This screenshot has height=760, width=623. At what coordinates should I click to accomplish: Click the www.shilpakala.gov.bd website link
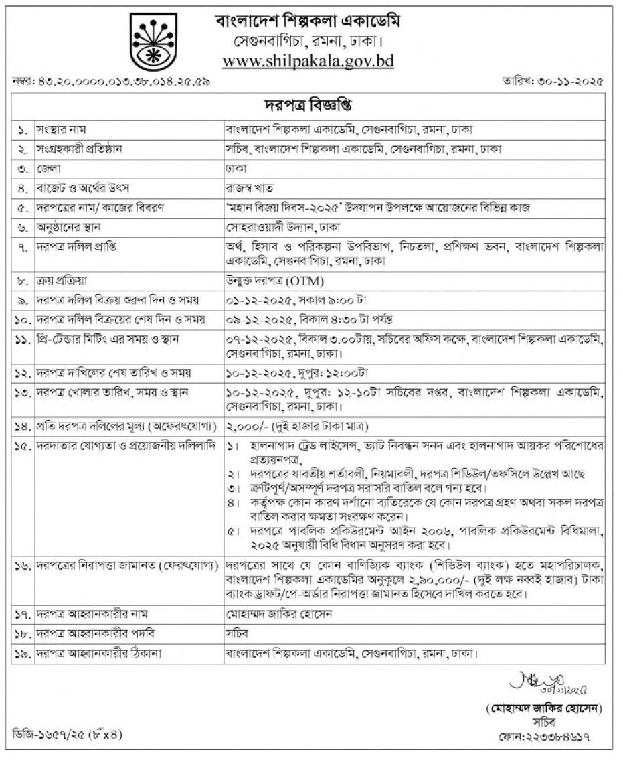point(308,61)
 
